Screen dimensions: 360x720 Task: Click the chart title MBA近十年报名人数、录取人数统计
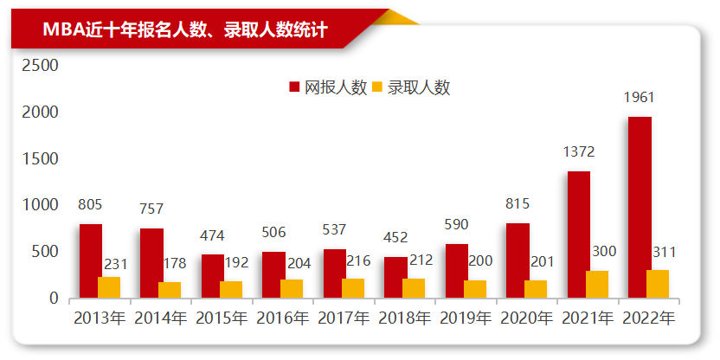tap(184, 30)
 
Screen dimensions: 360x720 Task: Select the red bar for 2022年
tap(640, 208)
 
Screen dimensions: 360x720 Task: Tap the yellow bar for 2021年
tap(597, 285)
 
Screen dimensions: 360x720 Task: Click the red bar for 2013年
tap(91, 261)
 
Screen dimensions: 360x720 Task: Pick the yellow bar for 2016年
tap(292, 289)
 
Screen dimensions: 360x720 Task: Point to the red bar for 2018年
tap(395, 278)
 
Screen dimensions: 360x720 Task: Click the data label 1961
tap(640, 97)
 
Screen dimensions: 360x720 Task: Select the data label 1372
tap(578, 152)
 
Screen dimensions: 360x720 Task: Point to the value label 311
tap(664, 252)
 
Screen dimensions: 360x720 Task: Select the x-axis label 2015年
tap(222, 318)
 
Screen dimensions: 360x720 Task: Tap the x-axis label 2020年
tap(528, 318)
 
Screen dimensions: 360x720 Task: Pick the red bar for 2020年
tap(517, 260)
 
